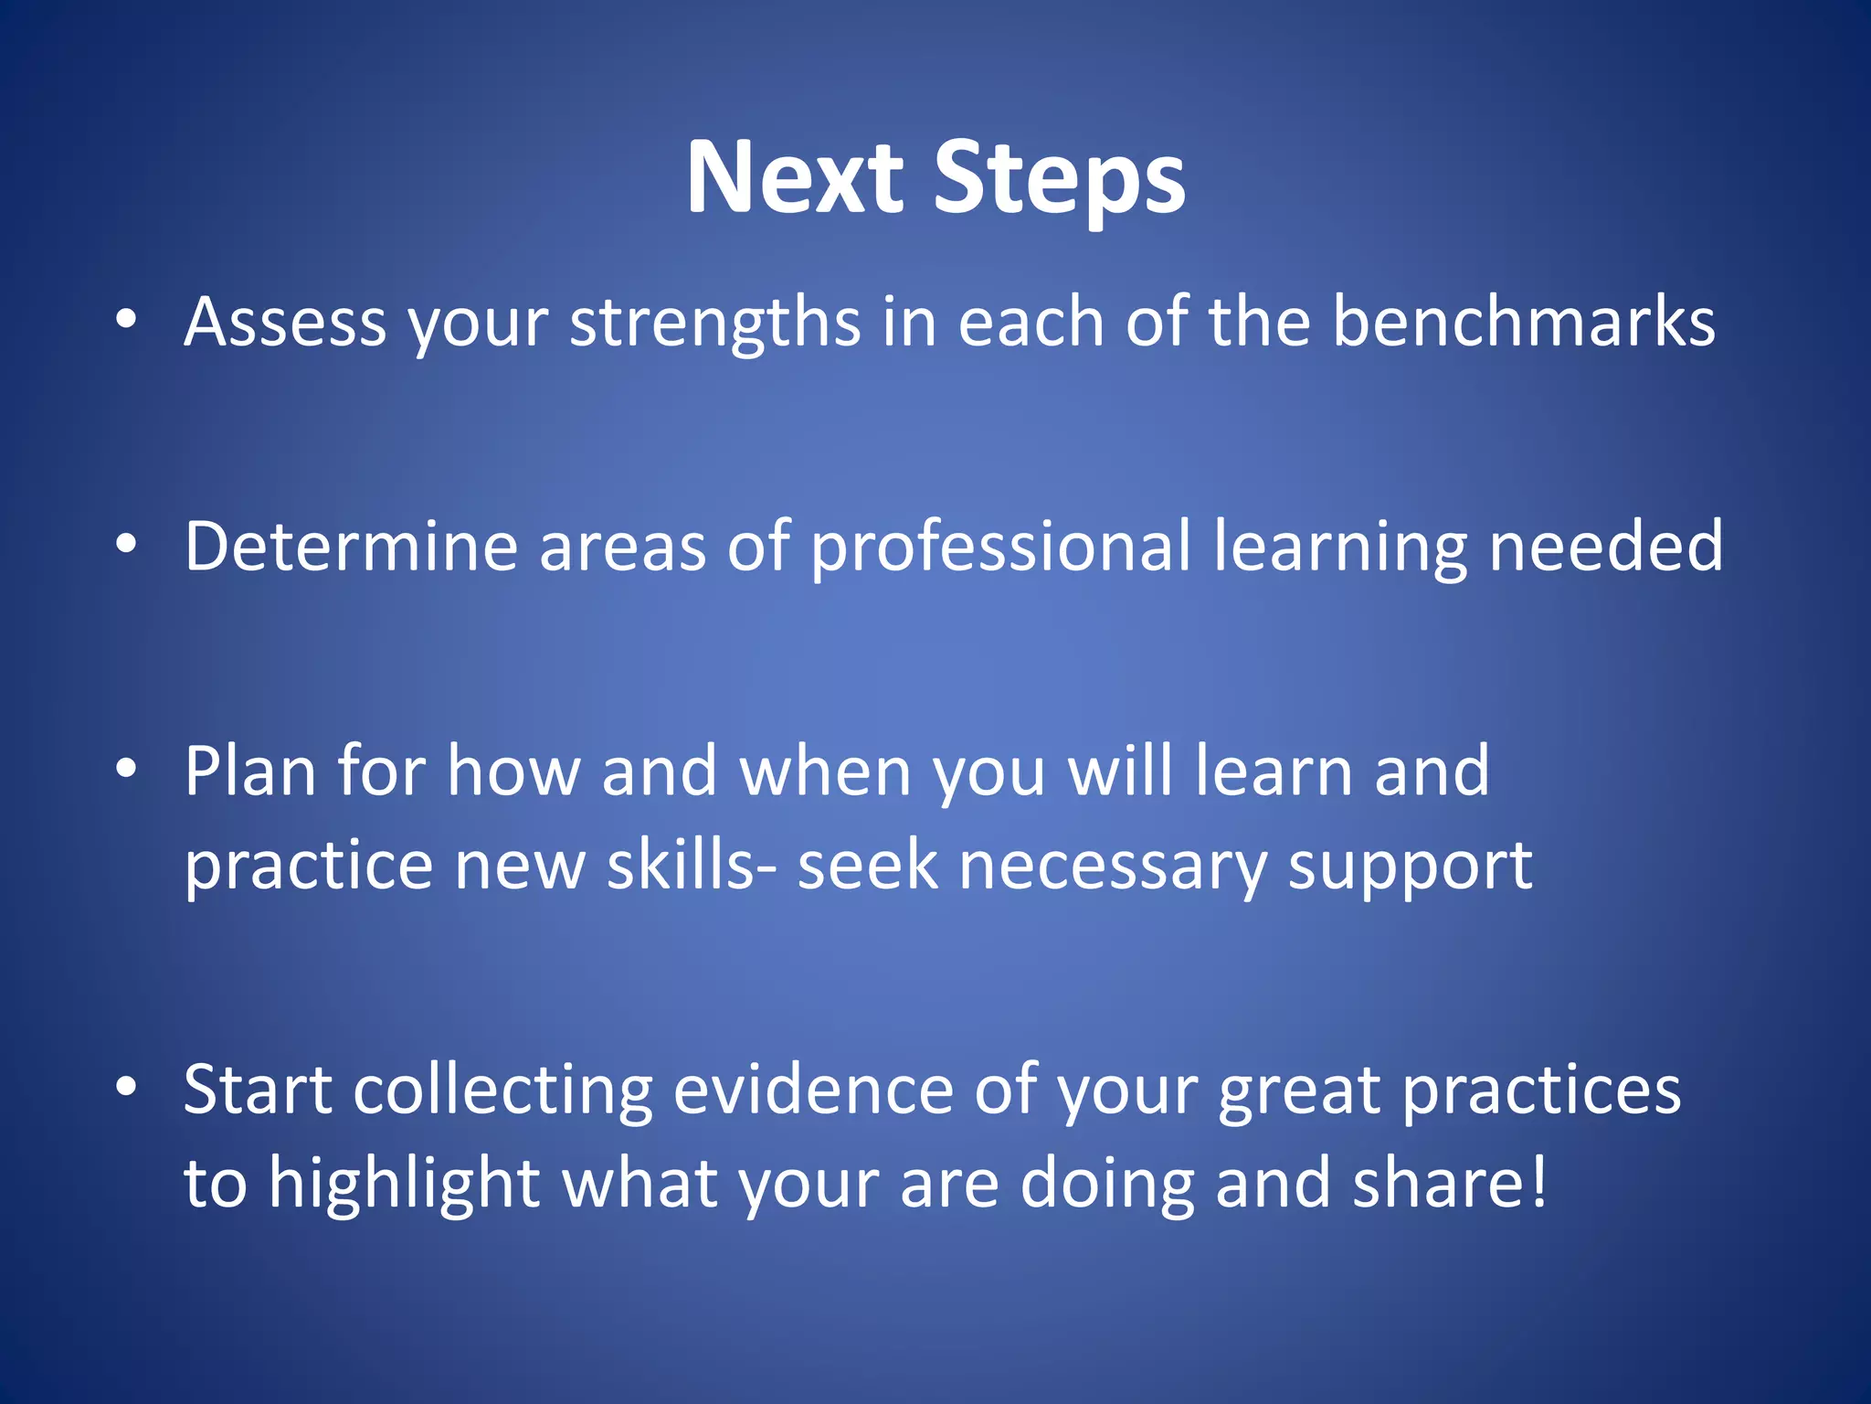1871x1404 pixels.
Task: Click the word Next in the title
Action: [794, 177]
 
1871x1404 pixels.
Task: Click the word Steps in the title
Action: [1059, 179]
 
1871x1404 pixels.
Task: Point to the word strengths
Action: [714, 324]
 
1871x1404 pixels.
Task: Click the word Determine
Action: [351, 547]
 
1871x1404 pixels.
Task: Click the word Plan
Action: [249, 771]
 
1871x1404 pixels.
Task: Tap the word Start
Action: [258, 1090]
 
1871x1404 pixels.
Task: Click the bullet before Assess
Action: [126, 319]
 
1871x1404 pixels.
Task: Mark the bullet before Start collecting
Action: [126, 1087]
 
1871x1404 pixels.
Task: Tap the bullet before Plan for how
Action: [126, 769]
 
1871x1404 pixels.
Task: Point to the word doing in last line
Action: [1106, 1185]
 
